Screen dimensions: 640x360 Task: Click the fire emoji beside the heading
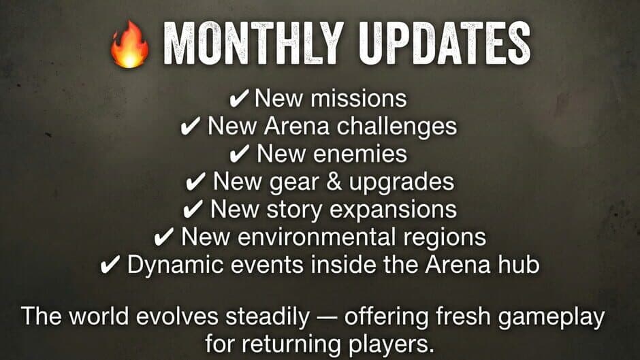click(129, 44)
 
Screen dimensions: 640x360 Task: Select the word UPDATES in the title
click(445, 44)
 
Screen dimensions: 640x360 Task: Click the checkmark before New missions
click(239, 99)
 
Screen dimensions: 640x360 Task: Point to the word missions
click(359, 99)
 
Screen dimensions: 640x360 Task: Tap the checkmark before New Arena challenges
click(190, 127)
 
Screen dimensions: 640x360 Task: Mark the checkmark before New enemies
click(239, 154)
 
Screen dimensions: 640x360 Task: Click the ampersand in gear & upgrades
click(334, 182)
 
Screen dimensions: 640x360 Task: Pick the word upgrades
click(401, 182)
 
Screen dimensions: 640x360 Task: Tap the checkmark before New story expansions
click(193, 210)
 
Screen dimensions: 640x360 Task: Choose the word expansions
click(393, 210)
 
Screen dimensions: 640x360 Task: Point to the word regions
click(445, 238)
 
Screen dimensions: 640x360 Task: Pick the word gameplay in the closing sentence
click(551, 317)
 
